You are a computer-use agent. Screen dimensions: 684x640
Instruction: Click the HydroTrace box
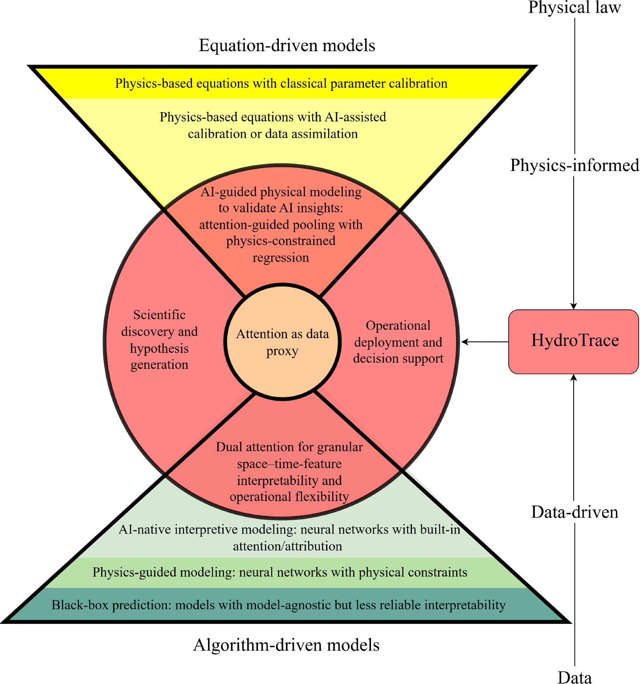tap(574, 341)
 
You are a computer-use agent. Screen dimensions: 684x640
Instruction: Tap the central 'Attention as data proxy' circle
tap(282, 342)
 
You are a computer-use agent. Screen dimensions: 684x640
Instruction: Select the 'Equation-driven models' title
tap(287, 45)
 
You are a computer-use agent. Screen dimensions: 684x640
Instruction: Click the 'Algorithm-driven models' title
tap(286, 645)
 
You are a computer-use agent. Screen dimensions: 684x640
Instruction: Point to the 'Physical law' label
tap(575, 8)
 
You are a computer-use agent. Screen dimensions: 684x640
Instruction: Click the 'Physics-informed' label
tap(575, 165)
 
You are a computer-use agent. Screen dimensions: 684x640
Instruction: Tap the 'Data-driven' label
tap(575, 512)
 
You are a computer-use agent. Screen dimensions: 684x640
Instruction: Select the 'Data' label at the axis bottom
tap(575, 677)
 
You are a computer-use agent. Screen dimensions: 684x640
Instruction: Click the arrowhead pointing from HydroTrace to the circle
tap(465, 342)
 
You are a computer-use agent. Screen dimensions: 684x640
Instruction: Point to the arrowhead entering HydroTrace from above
tap(574, 306)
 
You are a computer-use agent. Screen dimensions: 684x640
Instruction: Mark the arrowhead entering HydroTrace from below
tap(574, 378)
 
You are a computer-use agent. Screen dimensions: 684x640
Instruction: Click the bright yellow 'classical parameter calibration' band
tap(281, 83)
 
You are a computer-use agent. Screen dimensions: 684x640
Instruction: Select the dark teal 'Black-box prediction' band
tap(279, 605)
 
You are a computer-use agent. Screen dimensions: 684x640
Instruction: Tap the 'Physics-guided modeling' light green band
tap(280, 572)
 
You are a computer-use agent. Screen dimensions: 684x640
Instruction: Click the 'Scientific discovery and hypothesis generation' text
tap(159, 340)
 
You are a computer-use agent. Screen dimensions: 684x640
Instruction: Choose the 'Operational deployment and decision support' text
tap(398, 342)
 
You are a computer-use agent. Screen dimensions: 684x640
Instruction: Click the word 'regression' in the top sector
tap(281, 258)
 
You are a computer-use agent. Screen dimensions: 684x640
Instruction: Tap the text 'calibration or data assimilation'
tap(273, 134)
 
